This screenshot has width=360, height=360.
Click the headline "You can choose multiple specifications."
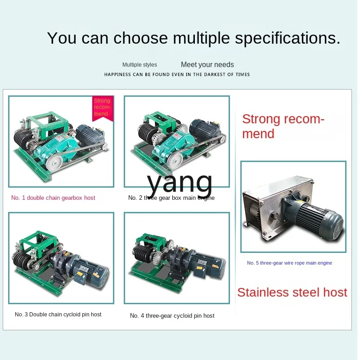(x=193, y=38)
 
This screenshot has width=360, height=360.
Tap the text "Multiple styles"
(x=139, y=65)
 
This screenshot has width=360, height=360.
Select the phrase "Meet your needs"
(x=207, y=64)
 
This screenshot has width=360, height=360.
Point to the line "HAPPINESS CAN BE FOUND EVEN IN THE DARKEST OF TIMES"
(x=177, y=74)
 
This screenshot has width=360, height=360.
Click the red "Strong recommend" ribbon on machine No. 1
(x=103, y=108)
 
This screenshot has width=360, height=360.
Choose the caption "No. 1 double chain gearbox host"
(x=53, y=198)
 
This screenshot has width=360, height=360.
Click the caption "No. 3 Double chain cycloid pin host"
(x=58, y=314)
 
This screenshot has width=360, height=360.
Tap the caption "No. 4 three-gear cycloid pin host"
(x=172, y=316)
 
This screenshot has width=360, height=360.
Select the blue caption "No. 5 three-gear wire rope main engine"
(x=289, y=263)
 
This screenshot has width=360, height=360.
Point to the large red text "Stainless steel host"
(x=292, y=292)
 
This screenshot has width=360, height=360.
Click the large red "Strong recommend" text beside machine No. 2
(x=283, y=126)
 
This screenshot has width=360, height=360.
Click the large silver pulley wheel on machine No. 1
(x=54, y=163)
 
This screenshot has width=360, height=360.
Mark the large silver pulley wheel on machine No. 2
(x=175, y=160)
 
